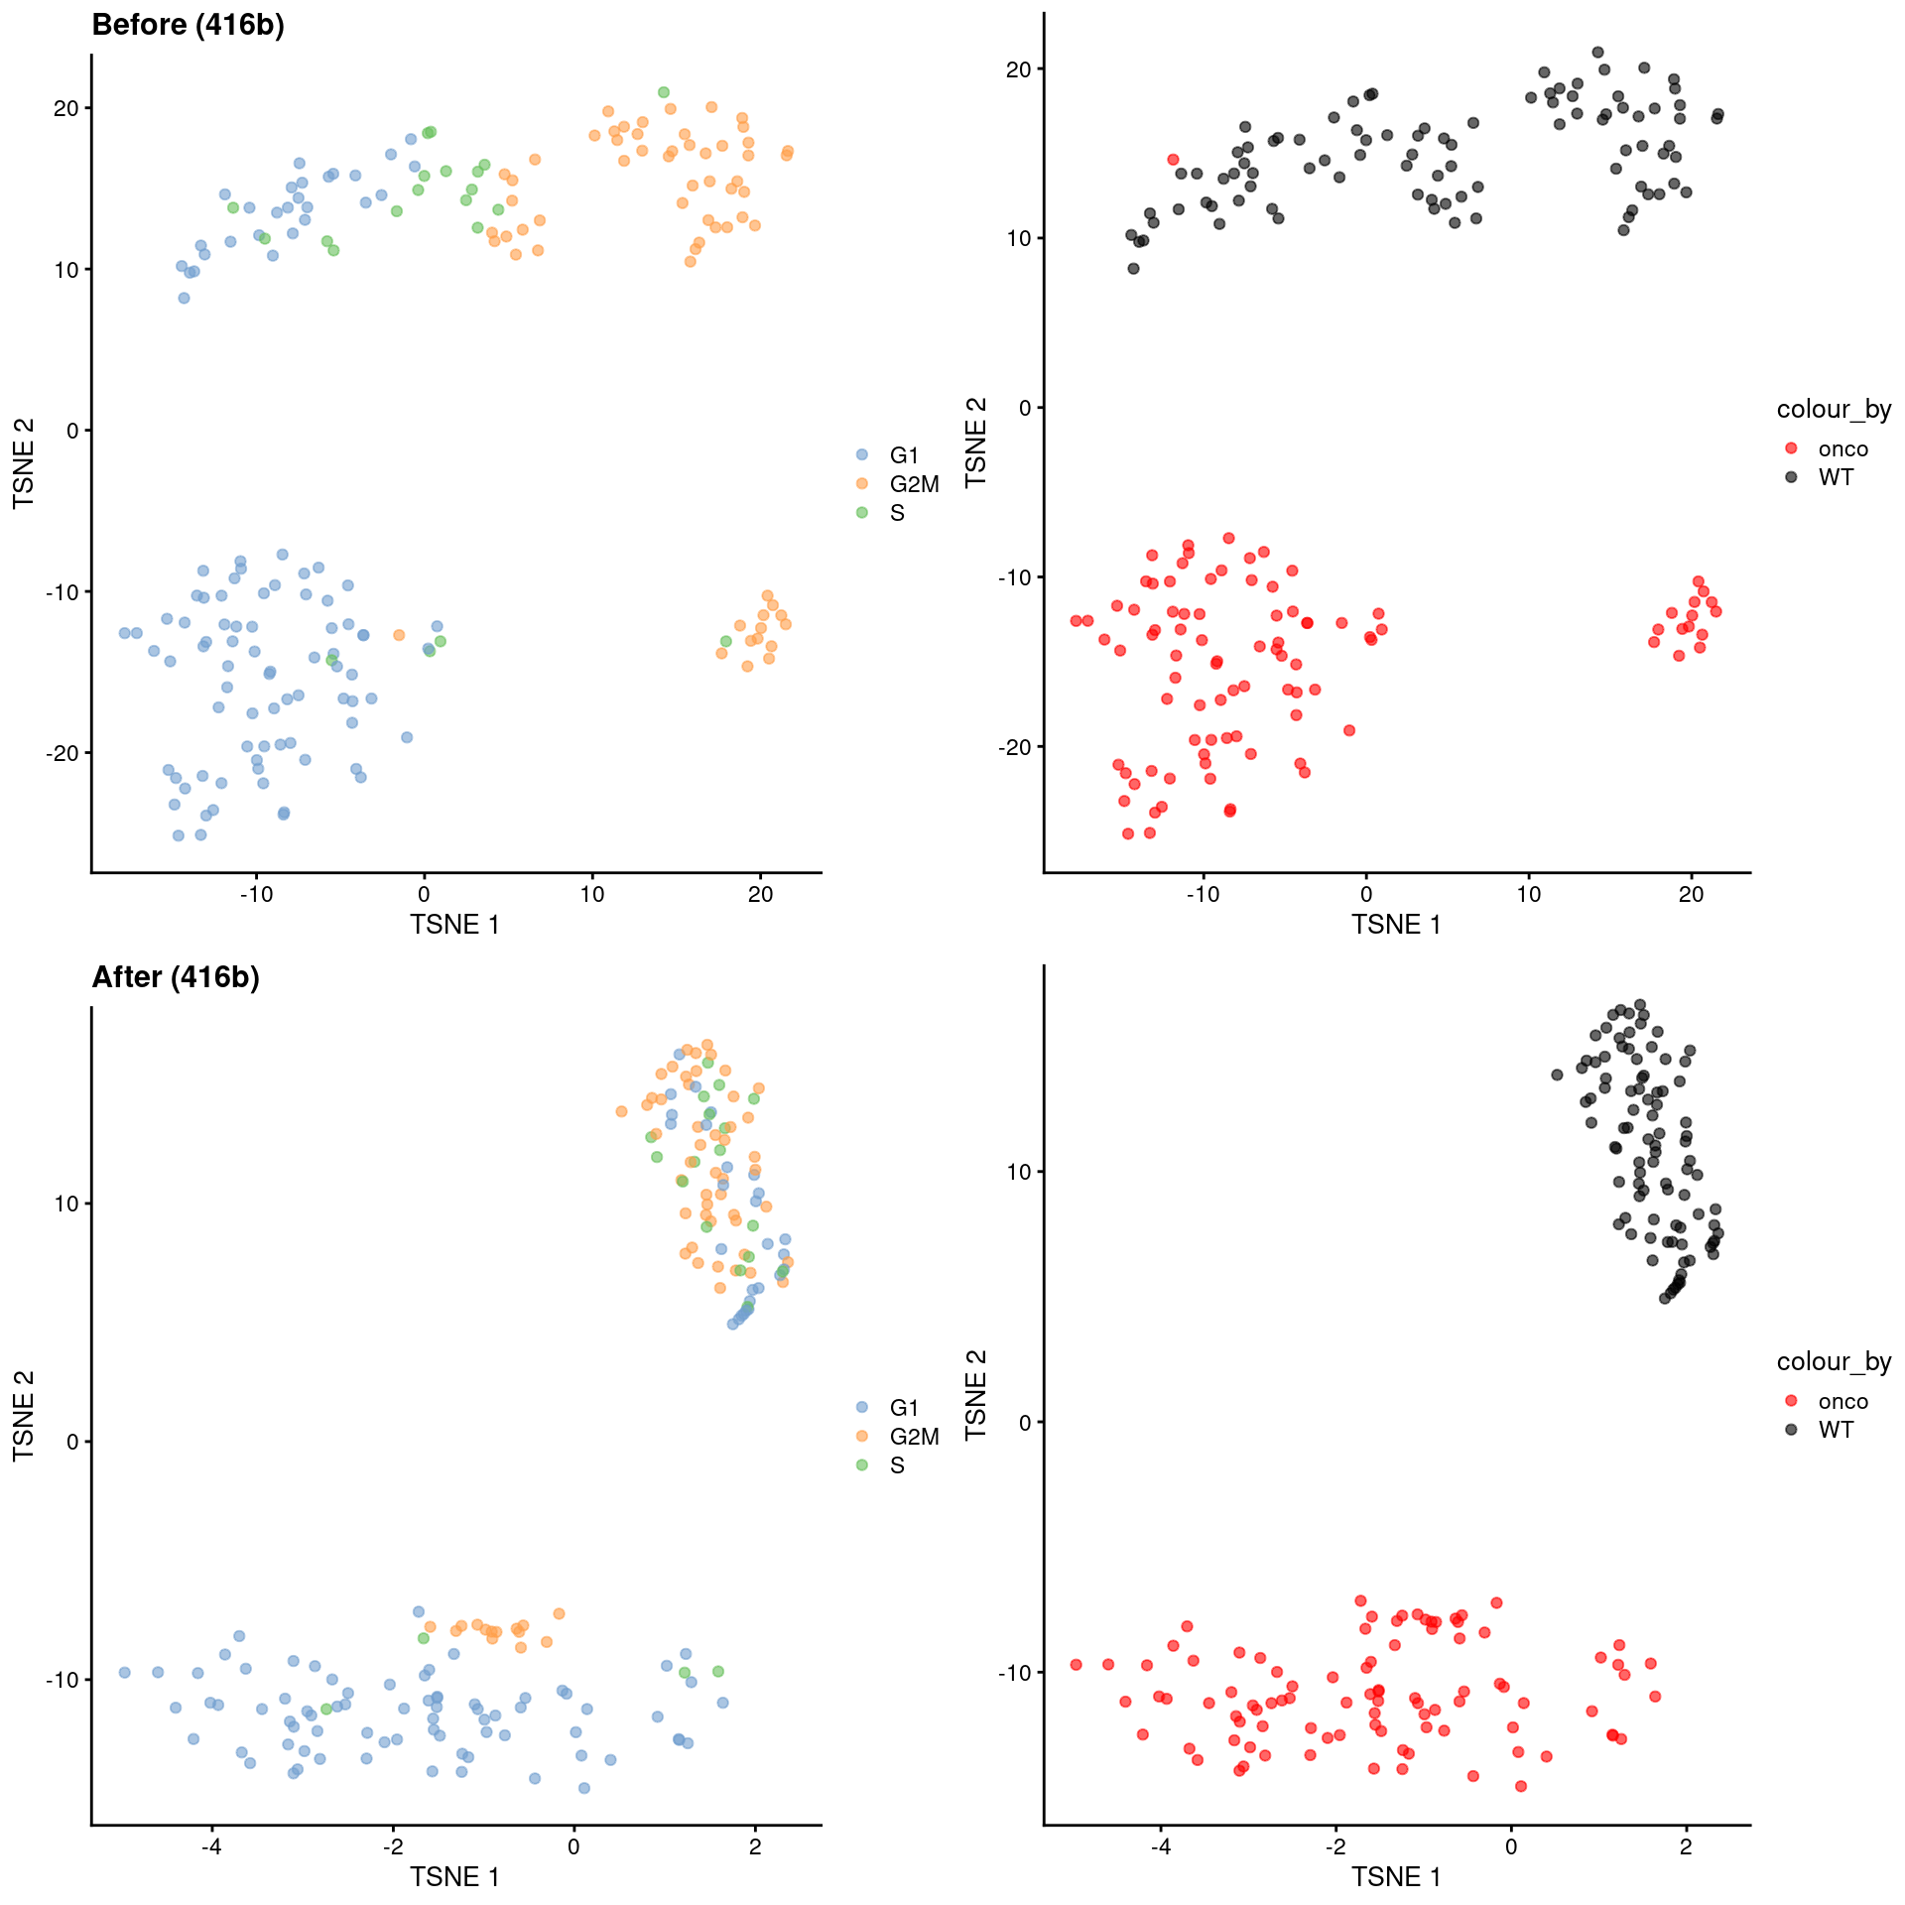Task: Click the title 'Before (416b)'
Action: [188, 25]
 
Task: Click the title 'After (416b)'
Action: [176, 977]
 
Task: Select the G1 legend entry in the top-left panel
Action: [902, 455]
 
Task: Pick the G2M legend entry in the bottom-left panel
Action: [912, 1436]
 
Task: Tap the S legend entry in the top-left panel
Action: [896, 513]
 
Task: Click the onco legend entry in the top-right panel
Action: [1841, 449]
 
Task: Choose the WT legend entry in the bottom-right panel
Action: [1835, 1430]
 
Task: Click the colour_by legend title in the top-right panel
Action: [1833, 409]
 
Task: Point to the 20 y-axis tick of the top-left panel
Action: [65, 108]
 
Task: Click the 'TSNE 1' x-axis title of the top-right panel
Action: [1395, 925]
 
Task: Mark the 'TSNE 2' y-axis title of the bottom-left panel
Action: [24, 1415]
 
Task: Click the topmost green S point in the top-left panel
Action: [664, 92]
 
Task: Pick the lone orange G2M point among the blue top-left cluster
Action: [399, 635]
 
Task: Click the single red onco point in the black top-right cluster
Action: [1173, 160]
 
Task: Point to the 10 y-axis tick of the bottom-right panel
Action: [1018, 1172]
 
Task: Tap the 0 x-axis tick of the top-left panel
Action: [425, 894]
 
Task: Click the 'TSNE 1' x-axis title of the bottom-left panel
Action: [454, 1877]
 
